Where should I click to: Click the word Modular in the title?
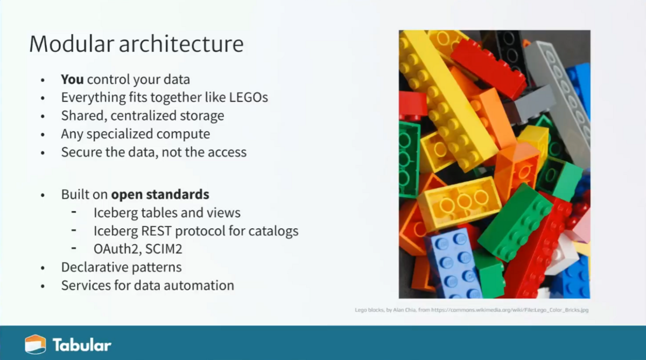72,44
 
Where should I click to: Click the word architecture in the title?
181,44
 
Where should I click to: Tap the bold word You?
72,79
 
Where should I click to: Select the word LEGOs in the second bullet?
249,97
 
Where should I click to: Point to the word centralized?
144,116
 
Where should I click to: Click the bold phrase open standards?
160,194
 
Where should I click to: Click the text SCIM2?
164,249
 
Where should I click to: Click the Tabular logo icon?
35,344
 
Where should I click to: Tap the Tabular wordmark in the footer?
82,345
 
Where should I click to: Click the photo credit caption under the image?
472,310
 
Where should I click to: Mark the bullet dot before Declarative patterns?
43,268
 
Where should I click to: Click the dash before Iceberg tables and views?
74,212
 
